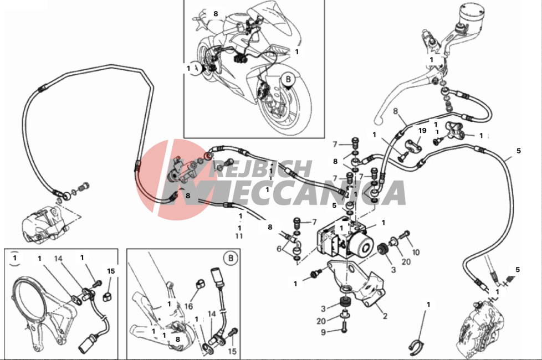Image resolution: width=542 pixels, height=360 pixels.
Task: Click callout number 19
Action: [x=422, y=131]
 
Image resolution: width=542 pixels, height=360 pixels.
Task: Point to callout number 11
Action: [x=239, y=236]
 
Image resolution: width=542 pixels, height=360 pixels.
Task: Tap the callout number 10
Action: [x=416, y=252]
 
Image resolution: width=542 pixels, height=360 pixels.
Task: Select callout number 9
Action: [x=323, y=332]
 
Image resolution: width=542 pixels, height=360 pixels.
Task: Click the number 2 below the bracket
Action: [x=385, y=316]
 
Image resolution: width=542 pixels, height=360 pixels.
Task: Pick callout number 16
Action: [x=188, y=306]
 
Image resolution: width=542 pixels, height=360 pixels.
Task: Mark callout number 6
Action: [x=279, y=249]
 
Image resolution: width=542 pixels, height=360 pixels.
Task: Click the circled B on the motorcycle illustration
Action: [x=288, y=79]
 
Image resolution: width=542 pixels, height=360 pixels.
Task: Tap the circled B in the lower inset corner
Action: [x=231, y=258]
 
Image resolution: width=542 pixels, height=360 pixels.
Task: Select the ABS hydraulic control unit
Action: [x=345, y=238]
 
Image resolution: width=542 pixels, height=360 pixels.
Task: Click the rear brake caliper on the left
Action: [x=41, y=224]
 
